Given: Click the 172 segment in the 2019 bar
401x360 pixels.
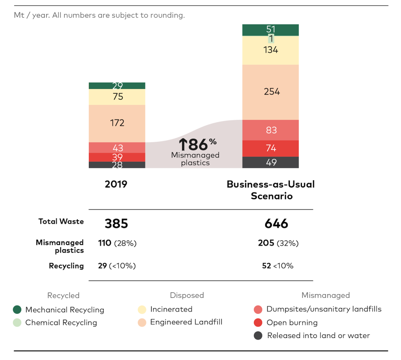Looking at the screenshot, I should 117,123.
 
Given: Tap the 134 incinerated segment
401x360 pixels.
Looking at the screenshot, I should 271,50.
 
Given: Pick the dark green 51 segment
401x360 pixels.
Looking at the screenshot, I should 271,29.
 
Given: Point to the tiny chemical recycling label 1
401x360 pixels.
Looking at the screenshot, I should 271,39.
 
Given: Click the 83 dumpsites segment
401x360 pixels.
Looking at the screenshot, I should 271,130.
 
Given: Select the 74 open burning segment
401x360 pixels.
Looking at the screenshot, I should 271,148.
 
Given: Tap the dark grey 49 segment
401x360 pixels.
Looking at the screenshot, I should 271,162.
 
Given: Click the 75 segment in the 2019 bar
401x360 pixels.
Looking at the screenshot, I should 117,97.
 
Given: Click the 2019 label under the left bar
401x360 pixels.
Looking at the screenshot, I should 116,184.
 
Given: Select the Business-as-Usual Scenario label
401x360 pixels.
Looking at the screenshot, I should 271,190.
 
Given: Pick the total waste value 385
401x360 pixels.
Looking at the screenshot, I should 116,224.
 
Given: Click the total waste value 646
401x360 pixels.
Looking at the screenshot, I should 276,224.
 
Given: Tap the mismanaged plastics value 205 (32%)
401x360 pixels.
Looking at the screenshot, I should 278,243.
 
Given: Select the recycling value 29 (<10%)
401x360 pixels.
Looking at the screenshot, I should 117,266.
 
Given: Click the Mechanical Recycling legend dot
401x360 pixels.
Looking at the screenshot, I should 17,310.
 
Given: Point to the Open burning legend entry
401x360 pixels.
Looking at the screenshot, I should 292,323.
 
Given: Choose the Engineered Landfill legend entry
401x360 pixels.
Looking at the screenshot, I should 186,322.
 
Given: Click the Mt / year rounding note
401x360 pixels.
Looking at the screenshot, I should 99,16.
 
